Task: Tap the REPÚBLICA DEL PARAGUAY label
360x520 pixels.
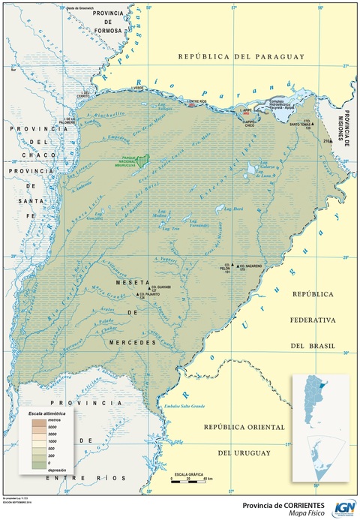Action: click(239, 57)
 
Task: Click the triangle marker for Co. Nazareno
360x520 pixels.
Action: click(238, 266)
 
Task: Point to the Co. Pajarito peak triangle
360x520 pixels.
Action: click(140, 294)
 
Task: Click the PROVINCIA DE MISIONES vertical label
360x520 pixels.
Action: click(349, 91)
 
